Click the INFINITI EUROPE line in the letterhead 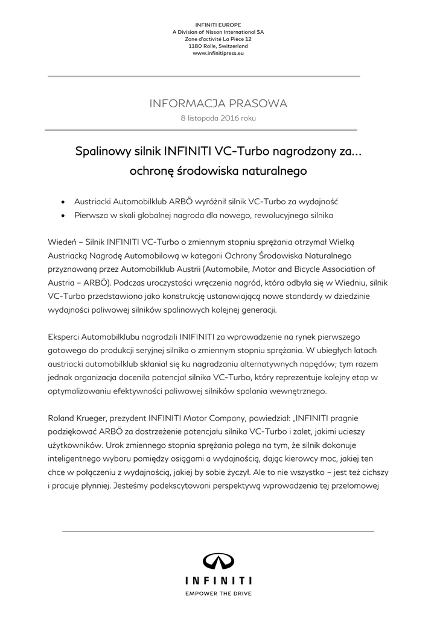click(218, 23)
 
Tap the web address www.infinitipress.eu click(218, 53)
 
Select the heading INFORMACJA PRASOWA click(218, 104)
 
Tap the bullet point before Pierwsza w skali click(63, 215)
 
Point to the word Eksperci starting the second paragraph click(65, 337)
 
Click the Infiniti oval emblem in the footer click(218, 562)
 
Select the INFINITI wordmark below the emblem click(218, 581)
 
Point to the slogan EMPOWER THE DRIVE click(218, 594)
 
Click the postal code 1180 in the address click(196, 46)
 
